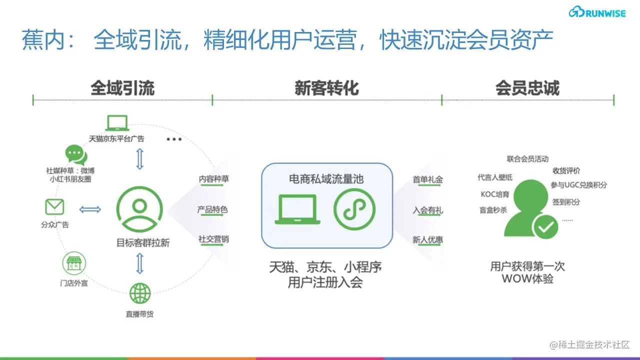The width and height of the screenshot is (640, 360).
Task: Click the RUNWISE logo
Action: click(x=597, y=12)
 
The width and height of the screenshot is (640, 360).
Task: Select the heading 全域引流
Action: click(x=122, y=88)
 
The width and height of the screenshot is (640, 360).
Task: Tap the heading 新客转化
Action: click(x=326, y=88)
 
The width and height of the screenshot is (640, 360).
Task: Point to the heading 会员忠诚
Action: click(x=527, y=88)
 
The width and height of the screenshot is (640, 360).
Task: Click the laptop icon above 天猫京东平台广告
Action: click(x=117, y=123)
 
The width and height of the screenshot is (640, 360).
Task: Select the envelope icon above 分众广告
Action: click(x=54, y=207)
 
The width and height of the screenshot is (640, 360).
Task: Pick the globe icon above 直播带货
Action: click(x=139, y=293)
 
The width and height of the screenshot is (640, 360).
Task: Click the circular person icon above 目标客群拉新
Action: click(x=139, y=209)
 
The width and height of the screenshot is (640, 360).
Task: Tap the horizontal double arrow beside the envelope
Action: click(x=90, y=209)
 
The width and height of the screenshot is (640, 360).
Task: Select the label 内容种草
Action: click(x=214, y=179)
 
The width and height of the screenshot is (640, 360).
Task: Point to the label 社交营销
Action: click(x=213, y=239)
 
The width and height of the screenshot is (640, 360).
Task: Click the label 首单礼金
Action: click(x=427, y=179)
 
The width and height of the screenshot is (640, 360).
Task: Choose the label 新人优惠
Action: click(x=427, y=240)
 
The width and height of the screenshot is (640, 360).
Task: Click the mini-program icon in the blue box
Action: click(x=354, y=209)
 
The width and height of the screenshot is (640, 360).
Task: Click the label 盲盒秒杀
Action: click(x=493, y=210)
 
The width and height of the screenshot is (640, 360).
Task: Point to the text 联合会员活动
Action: click(x=527, y=159)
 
